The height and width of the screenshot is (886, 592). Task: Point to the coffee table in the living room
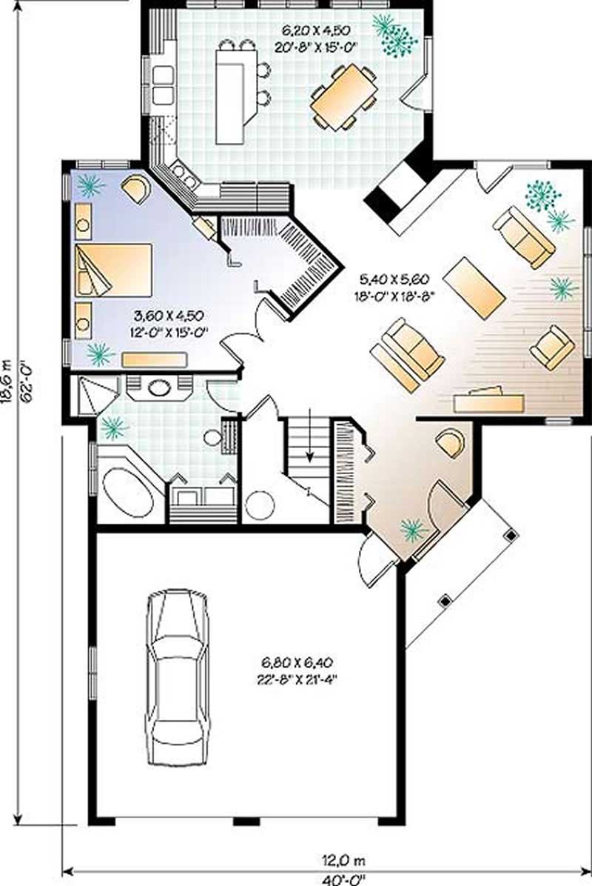click(474, 287)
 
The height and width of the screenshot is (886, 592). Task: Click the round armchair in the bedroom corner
click(135, 189)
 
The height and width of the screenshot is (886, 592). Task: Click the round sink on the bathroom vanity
click(158, 387)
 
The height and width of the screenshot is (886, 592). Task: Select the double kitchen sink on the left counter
click(163, 84)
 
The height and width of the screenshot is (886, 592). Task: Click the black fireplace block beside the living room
click(397, 191)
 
